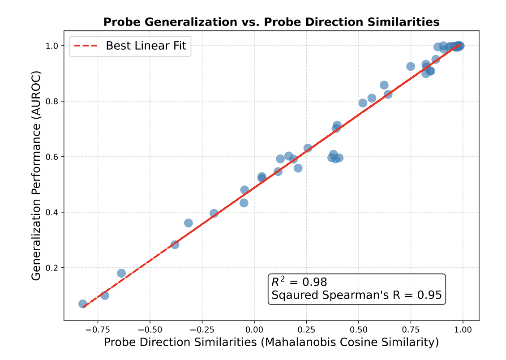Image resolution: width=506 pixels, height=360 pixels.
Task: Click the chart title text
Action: tap(271, 22)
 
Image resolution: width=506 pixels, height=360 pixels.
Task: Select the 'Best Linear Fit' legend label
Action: tap(146, 45)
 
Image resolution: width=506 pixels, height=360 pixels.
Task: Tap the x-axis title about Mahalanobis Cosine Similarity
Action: tap(271, 343)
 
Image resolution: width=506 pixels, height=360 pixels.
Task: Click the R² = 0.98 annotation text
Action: tap(299, 282)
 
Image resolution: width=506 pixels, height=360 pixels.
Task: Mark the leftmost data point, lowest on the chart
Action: tap(83, 304)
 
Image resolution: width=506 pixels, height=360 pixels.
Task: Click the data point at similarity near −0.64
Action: tap(121, 273)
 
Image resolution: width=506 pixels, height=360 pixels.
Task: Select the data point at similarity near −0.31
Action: tap(189, 223)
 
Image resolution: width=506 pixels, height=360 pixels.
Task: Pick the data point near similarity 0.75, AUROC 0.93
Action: tap(411, 66)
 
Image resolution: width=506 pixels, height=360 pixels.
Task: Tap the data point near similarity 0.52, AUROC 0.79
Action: tap(363, 103)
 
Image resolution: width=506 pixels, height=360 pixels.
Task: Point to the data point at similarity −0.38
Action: tap(175, 244)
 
